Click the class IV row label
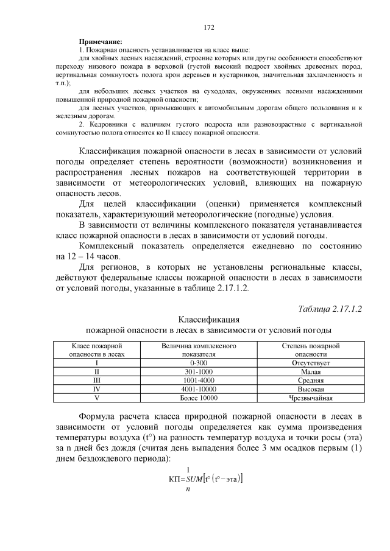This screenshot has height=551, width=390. [97, 388]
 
